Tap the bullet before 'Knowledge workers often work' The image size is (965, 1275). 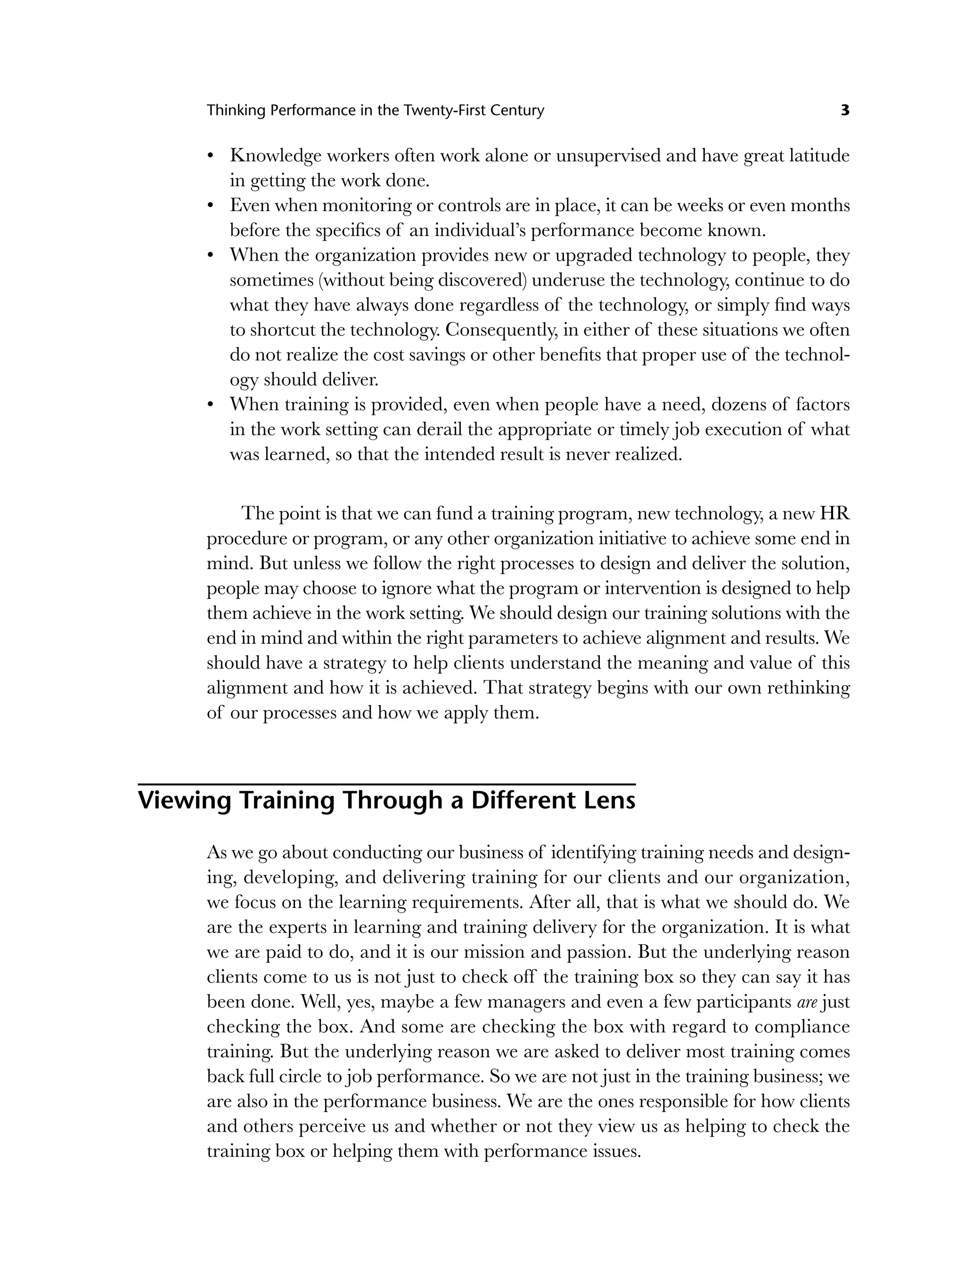tap(211, 156)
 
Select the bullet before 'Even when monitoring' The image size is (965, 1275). tap(211, 206)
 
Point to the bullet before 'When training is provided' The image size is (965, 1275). tap(211, 405)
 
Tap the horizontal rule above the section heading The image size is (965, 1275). tap(386, 784)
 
